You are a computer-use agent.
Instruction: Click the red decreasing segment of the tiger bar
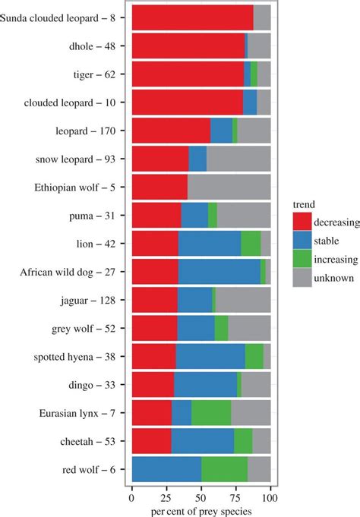188,74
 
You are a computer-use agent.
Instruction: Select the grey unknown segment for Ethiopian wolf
229,187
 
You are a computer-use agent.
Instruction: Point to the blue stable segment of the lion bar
210,244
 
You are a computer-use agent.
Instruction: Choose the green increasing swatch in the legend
302,260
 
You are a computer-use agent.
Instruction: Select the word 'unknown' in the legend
335,279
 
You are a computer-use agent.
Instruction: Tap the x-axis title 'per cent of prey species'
201,511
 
